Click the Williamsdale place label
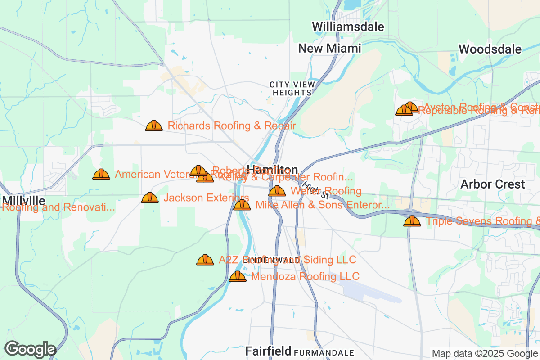(x=349, y=27)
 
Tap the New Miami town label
(x=330, y=48)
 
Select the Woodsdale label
(x=490, y=49)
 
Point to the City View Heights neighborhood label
(x=292, y=88)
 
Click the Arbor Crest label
(x=493, y=184)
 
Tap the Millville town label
(x=23, y=200)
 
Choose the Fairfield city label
(x=268, y=351)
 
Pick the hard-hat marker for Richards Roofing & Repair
(x=154, y=126)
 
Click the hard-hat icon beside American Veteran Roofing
(x=101, y=174)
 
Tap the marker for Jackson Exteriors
(x=150, y=198)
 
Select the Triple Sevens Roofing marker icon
(x=412, y=221)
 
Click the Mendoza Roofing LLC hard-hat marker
(x=238, y=276)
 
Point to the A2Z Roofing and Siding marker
(x=205, y=260)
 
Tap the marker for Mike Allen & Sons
(x=242, y=205)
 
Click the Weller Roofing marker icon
(x=277, y=191)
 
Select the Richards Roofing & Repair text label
(x=232, y=126)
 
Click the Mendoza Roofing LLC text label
(x=305, y=276)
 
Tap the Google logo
(x=30, y=349)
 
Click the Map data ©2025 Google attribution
(x=485, y=353)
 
